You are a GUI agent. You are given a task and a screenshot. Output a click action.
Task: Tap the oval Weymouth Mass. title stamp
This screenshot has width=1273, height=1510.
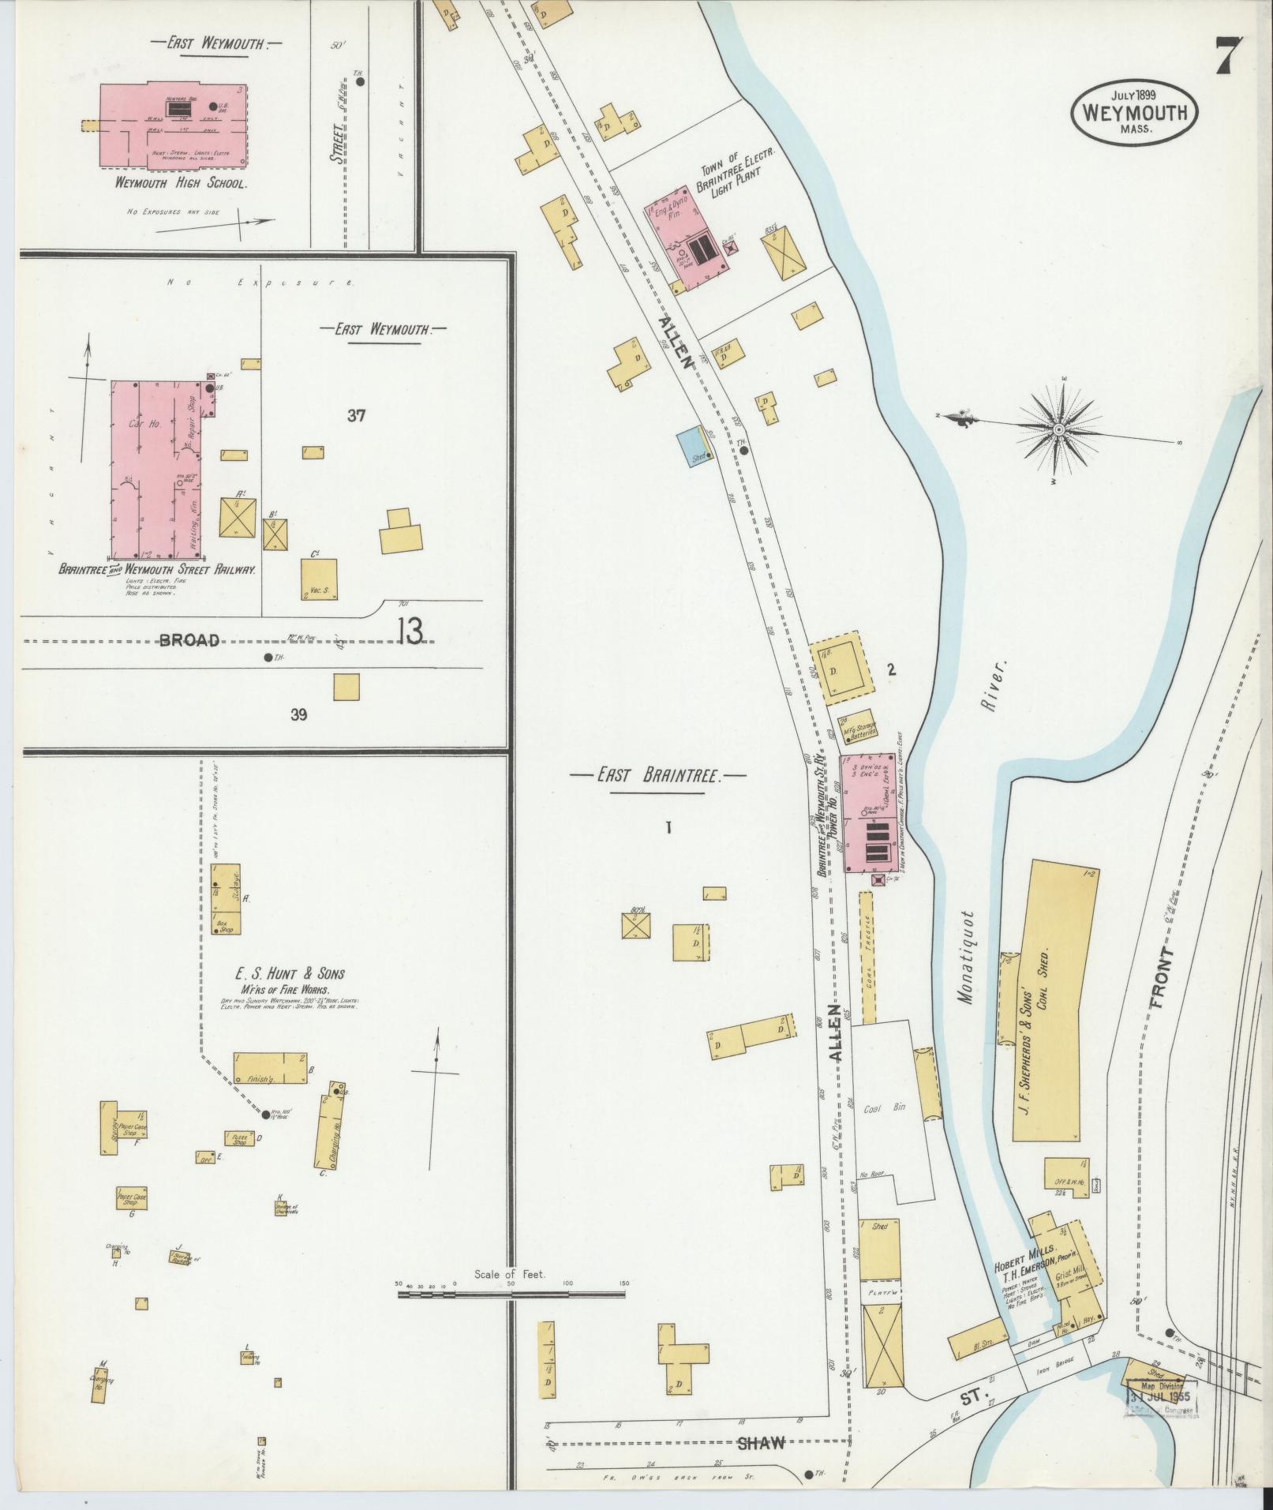(1134, 113)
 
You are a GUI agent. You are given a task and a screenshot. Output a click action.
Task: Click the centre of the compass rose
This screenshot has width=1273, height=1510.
(1058, 429)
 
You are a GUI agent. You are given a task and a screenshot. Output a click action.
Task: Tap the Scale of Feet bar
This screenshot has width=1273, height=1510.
(510, 1295)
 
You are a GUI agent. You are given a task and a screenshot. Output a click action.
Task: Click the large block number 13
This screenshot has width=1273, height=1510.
(410, 631)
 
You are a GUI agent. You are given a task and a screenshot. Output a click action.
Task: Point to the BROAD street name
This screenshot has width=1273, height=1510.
(189, 641)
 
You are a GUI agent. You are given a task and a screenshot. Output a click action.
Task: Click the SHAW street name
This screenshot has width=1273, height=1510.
(762, 1442)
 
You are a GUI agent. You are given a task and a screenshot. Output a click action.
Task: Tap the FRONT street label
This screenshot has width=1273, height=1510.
(1163, 980)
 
